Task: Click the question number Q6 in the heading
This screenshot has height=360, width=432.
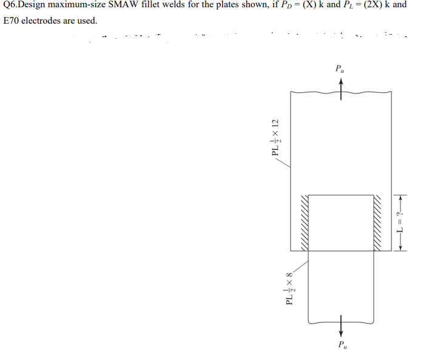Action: [x=11, y=5]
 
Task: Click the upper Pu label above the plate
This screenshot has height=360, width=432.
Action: [x=340, y=69]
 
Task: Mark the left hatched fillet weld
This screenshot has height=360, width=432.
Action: [x=302, y=222]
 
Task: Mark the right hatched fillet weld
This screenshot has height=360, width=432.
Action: [x=380, y=222]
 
